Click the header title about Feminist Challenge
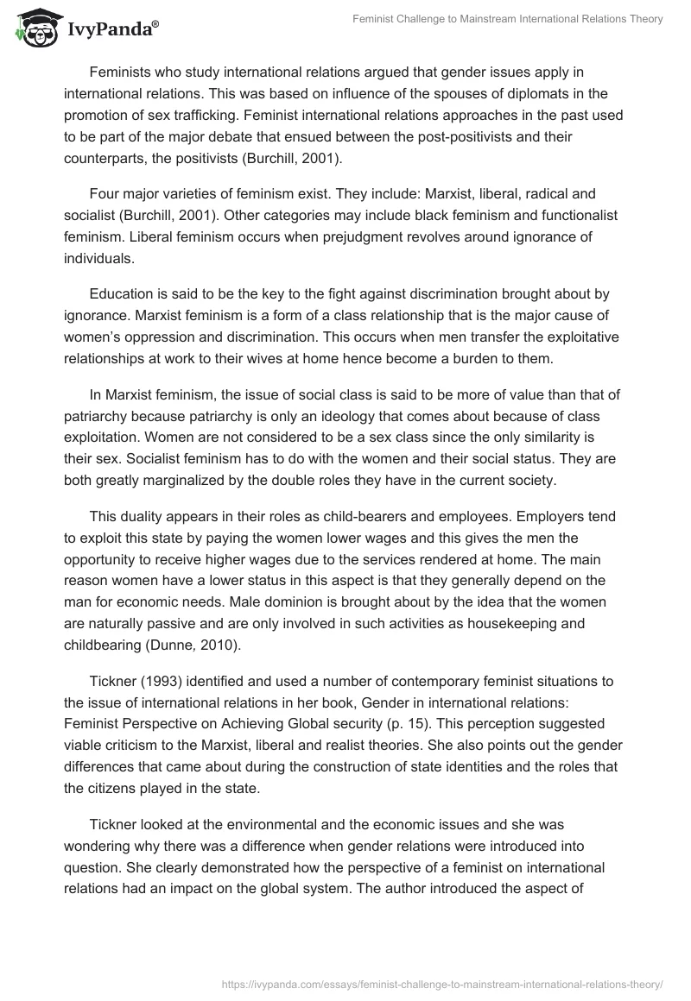[x=508, y=19]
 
